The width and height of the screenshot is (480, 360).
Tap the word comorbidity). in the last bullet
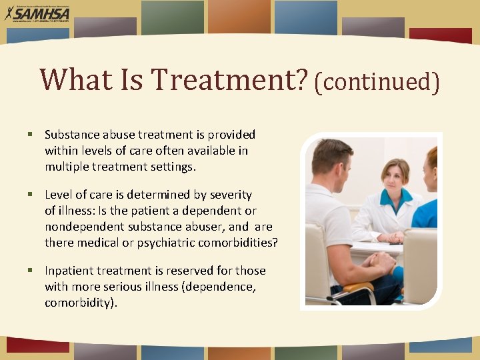(81, 303)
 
